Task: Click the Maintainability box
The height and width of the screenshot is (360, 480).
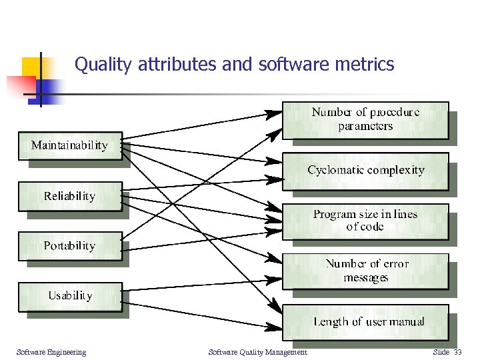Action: (69, 145)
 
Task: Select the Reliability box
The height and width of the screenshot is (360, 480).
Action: (69, 196)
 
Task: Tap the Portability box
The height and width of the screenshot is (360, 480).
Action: (69, 246)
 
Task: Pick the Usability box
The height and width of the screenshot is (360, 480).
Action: (69, 295)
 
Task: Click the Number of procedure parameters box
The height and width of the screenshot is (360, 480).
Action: (365, 119)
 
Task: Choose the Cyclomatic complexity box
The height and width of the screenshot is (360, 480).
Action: (365, 171)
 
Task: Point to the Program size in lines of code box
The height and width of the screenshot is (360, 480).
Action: (365, 221)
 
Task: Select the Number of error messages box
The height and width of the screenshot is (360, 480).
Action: (365, 271)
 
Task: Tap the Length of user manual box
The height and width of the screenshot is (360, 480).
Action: (365, 322)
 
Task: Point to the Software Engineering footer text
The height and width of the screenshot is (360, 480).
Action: (51, 352)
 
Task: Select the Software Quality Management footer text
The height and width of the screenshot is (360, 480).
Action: (257, 352)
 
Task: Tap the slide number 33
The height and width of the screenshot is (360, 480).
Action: (457, 352)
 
